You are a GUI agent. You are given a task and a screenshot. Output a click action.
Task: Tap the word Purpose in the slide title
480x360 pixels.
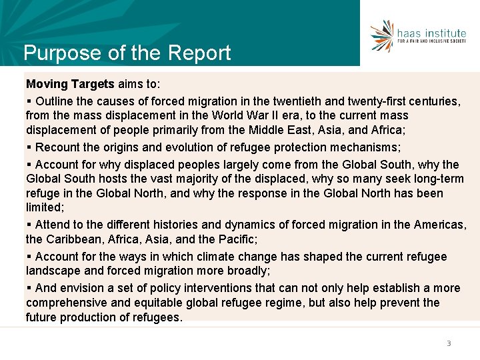55,53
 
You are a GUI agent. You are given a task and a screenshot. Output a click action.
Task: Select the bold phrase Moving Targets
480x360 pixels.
70,85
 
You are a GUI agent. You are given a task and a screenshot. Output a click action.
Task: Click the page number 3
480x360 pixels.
449,343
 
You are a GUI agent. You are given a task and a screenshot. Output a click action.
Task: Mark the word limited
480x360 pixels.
44,208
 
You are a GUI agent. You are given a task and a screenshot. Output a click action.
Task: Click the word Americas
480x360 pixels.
439,225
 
